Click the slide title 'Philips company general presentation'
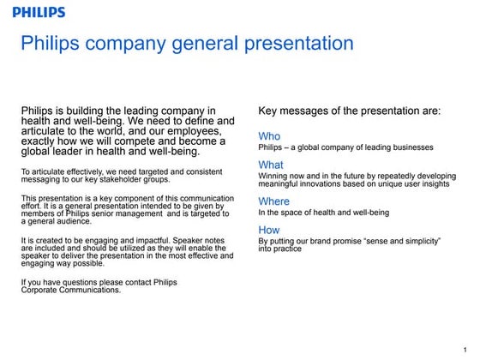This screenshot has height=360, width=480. click(187, 43)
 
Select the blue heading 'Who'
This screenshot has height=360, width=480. click(269, 136)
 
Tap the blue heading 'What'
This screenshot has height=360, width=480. click(271, 165)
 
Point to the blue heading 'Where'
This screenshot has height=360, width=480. click(274, 201)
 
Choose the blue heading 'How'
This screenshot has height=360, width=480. click(269, 230)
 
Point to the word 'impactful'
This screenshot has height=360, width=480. click(151, 240)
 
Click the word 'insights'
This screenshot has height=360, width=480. click(430, 183)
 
